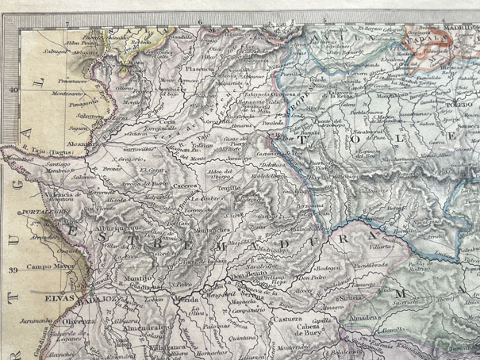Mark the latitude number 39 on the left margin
pos(12,270)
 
